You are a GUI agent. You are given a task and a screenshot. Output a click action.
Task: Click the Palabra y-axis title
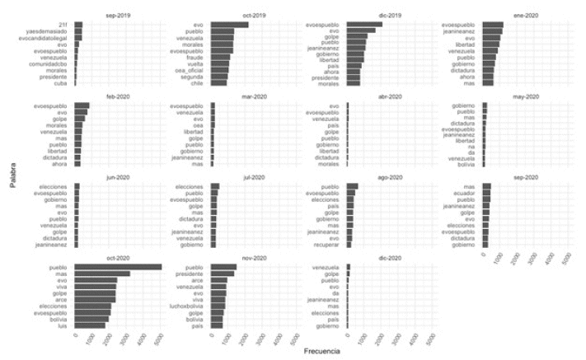coord(14,174)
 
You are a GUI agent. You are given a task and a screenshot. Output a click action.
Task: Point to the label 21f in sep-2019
coord(63,25)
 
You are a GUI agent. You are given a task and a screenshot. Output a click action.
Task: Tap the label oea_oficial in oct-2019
coord(190,70)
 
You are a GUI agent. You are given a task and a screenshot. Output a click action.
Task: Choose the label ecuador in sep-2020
coord(464,193)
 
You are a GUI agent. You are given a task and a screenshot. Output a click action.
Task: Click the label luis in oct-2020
coord(63,325)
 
